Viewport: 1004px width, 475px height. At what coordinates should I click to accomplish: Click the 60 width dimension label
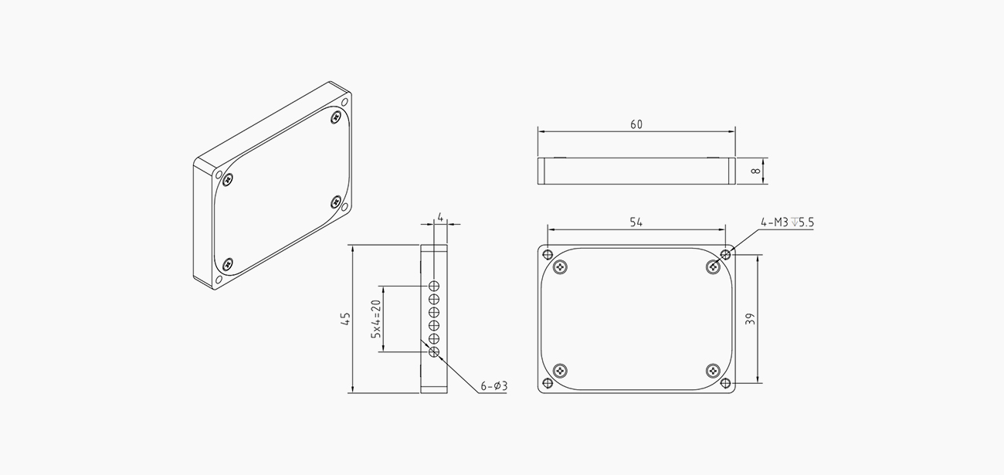[636, 124]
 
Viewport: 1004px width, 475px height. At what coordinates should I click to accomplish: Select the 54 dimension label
[636, 222]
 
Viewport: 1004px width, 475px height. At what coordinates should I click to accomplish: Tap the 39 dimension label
[750, 319]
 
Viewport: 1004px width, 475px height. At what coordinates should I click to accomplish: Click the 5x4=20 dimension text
[375, 318]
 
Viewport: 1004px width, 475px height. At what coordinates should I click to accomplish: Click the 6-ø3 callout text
[494, 385]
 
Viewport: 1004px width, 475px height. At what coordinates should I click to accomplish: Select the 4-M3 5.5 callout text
[787, 222]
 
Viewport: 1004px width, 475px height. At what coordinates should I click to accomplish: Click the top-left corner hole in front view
[548, 254]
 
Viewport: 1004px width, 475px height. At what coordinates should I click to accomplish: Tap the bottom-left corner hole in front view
[548, 383]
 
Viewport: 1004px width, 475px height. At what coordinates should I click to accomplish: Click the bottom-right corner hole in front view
[725, 383]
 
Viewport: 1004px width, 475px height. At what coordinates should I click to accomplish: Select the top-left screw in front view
[560, 267]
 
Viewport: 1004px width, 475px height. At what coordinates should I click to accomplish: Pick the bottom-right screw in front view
[713, 371]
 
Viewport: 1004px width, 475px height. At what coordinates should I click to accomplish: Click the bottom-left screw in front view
[560, 371]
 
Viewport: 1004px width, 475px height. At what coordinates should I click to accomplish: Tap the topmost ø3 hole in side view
[434, 286]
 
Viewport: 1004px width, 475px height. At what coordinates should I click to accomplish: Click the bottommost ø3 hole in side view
[434, 352]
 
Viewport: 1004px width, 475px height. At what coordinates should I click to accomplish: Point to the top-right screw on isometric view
[335, 117]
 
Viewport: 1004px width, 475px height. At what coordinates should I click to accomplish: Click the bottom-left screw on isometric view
[227, 265]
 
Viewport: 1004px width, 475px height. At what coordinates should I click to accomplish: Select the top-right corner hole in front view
[725, 254]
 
